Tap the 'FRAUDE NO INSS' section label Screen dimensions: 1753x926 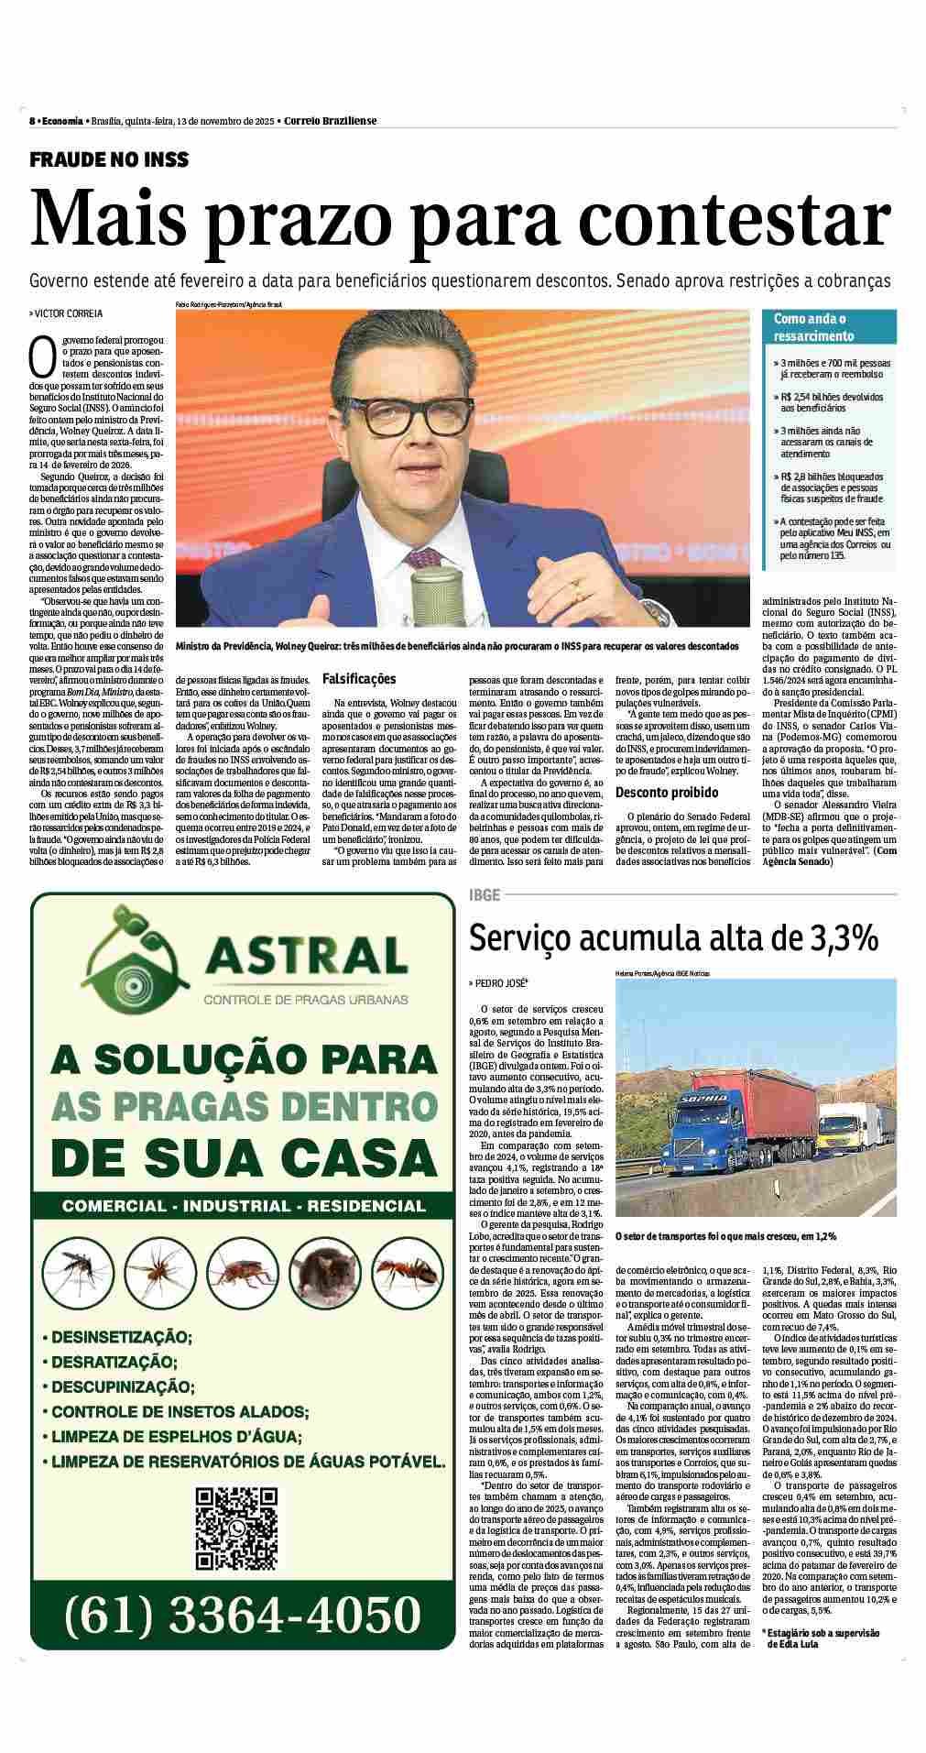[x=109, y=159]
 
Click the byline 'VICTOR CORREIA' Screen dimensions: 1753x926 [x=69, y=313]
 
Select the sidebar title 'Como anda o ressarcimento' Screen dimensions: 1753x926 [x=810, y=327]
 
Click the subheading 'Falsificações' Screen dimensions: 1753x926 [x=359, y=679]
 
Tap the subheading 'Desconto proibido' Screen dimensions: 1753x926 [x=666, y=792]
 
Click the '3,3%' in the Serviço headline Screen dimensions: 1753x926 [x=842, y=938]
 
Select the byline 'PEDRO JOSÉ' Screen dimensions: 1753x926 [x=501, y=983]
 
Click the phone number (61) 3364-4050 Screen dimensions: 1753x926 [x=242, y=1638]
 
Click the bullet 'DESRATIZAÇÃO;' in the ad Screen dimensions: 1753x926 [x=114, y=1362]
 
